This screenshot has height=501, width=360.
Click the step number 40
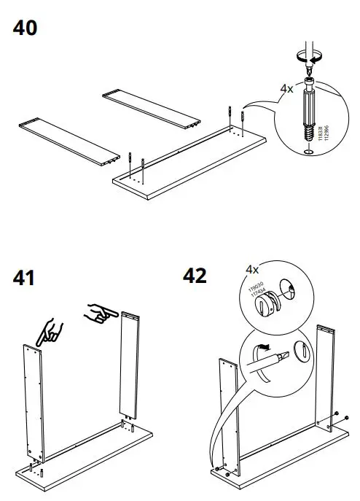point(25,28)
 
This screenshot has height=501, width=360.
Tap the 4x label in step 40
point(287,89)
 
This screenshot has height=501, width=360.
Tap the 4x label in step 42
point(252,269)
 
